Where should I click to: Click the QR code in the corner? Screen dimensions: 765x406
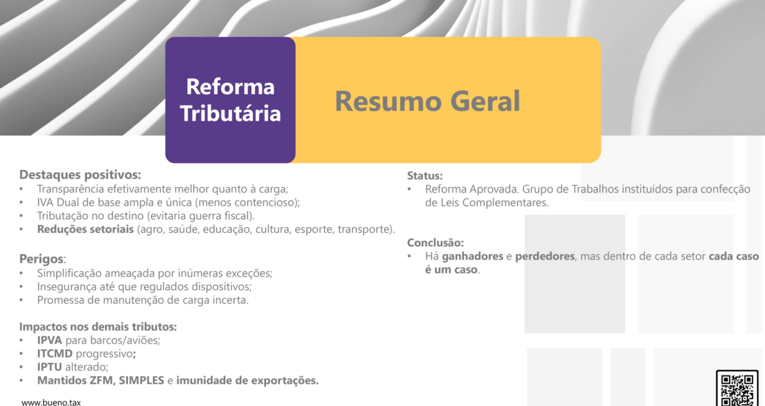[x=737, y=388]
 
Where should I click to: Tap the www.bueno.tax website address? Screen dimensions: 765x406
[x=51, y=402]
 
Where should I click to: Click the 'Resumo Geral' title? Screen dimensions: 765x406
[x=427, y=101]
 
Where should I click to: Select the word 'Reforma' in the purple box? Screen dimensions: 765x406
[x=230, y=87]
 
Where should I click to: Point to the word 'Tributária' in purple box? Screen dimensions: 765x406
[x=230, y=113]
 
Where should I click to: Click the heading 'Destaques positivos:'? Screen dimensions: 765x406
[x=80, y=175]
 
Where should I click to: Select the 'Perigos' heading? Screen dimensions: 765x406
[x=41, y=259]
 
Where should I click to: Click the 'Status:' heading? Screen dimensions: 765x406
[x=425, y=176]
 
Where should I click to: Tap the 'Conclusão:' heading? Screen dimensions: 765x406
[x=435, y=243]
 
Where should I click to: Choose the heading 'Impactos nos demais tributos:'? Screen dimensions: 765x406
[x=98, y=327]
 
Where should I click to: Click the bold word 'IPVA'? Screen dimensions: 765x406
[x=50, y=341]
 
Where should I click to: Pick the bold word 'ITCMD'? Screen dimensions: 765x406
[x=55, y=354]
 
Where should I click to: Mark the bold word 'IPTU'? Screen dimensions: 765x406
[x=50, y=367]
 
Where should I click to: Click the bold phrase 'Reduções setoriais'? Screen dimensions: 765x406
[x=85, y=229]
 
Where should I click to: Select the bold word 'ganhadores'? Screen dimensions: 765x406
[x=472, y=257]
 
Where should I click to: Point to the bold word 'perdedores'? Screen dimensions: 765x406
[x=545, y=257]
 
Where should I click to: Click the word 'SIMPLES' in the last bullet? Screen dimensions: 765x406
[x=141, y=380]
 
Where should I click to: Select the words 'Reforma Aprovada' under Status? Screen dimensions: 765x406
[x=472, y=189]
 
